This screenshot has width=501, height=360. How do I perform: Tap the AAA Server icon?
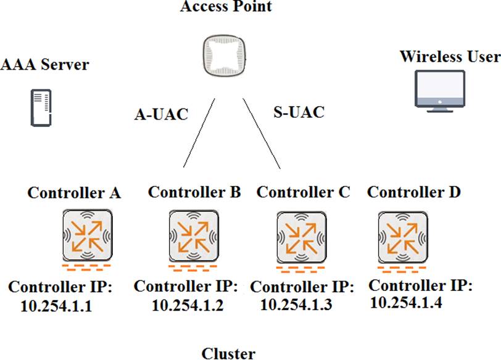point(41,108)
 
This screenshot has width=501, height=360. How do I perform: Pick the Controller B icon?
point(193,235)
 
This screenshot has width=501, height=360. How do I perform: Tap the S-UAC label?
point(298,112)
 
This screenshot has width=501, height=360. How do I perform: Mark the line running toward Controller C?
point(262,133)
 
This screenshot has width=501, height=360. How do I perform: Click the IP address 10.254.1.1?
point(56,305)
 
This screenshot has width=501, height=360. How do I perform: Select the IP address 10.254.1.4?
point(406,302)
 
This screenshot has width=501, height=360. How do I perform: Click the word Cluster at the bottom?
point(228,353)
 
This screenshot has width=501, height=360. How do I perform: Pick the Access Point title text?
point(226,7)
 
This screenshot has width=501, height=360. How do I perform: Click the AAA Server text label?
point(45,64)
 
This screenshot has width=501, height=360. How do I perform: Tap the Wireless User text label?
point(450,57)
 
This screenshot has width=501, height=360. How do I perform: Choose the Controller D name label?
point(413,192)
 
